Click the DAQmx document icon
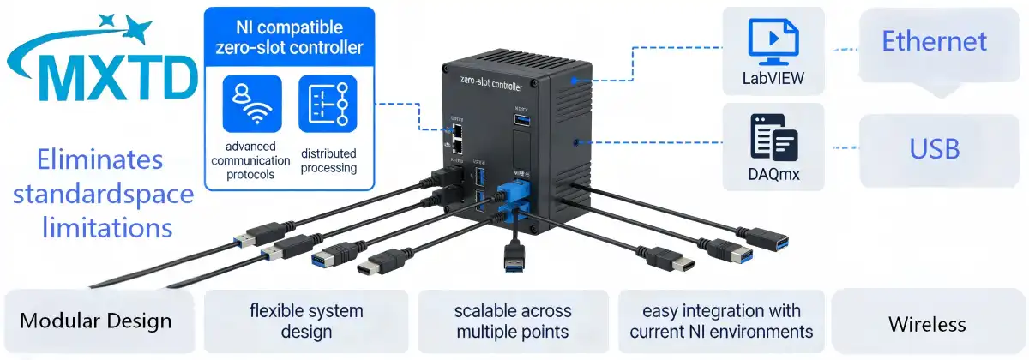[773, 137]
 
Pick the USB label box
[935, 149]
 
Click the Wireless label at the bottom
[927, 324]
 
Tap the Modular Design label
[96, 321]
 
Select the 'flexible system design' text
[306, 321]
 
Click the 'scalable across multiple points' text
[514, 321]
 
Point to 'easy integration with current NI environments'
[721, 321]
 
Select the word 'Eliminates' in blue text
[99, 159]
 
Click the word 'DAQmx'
[773, 177]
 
